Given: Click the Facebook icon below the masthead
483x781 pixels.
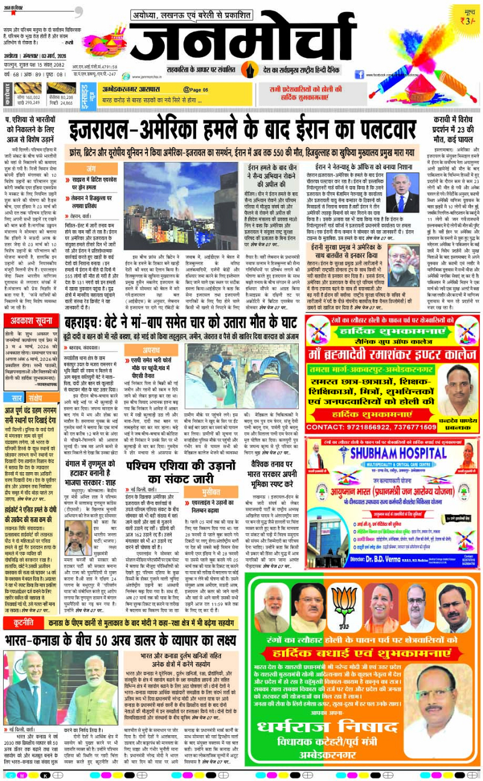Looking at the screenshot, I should [359, 74].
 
